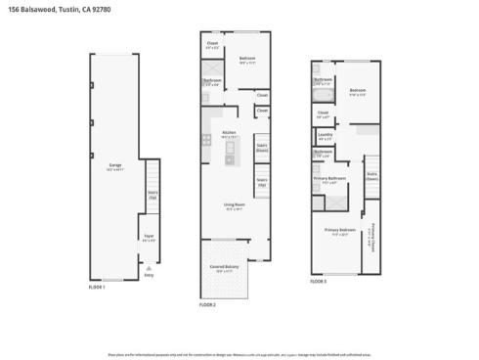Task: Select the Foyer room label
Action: point(149,235)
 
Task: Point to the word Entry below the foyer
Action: point(150,275)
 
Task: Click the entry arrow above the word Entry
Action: point(150,267)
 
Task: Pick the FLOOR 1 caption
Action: point(99,287)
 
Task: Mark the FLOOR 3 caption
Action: point(320,281)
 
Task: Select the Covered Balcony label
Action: point(225,266)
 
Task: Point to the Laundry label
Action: point(325,136)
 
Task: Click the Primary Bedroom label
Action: point(338,230)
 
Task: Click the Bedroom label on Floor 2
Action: point(247,59)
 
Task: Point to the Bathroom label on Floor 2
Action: point(212,80)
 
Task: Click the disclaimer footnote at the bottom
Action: point(239,354)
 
